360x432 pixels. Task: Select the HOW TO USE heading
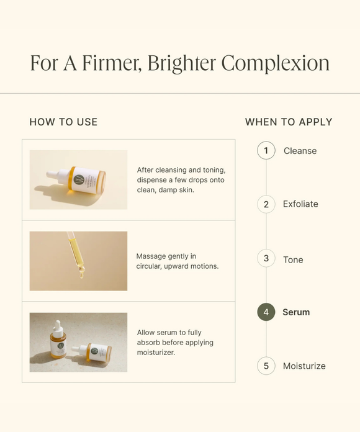[x=64, y=122]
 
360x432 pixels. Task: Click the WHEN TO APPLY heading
[x=289, y=122]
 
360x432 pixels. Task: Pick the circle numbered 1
[x=266, y=150]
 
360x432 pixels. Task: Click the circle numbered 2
[x=266, y=204]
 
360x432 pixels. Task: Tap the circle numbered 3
[x=266, y=258]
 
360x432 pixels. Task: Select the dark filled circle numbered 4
[x=266, y=312]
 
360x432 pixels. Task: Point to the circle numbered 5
[x=266, y=366]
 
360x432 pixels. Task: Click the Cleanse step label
[x=300, y=151]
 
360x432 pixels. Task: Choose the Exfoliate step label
[x=300, y=204]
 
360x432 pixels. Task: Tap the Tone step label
[x=293, y=259]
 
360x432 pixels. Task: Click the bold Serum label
[x=296, y=312]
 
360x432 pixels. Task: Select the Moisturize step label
[x=304, y=366]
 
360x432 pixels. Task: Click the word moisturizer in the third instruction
[x=156, y=353]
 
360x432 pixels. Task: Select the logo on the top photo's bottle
[x=79, y=179]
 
